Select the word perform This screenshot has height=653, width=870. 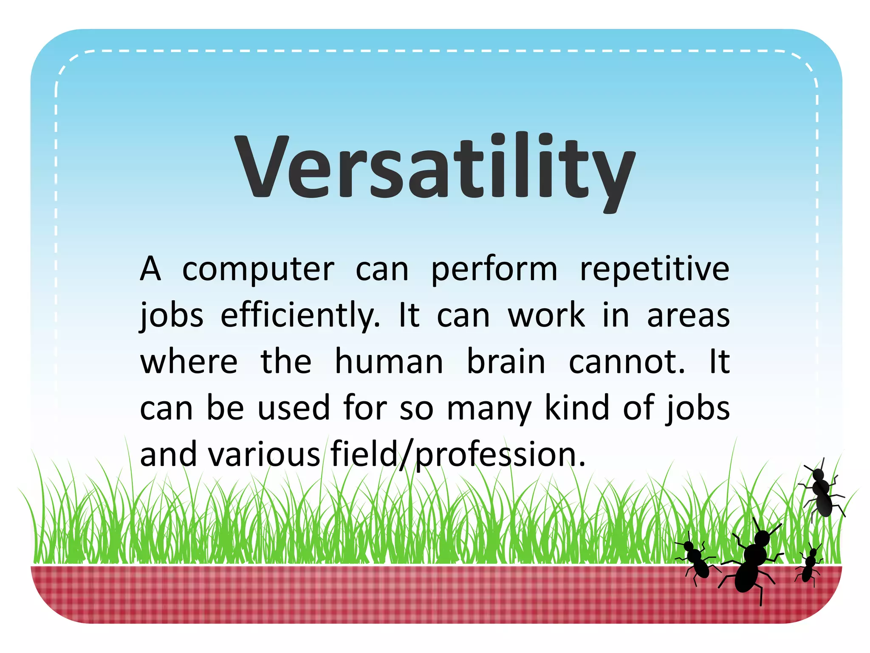click(x=494, y=270)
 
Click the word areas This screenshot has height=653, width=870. click(x=688, y=317)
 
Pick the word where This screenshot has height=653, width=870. click(x=189, y=362)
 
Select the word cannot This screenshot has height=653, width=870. click(x=627, y=362)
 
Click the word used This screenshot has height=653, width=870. click(x=294, y=408)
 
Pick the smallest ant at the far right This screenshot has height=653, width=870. click(x=809, y=565)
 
